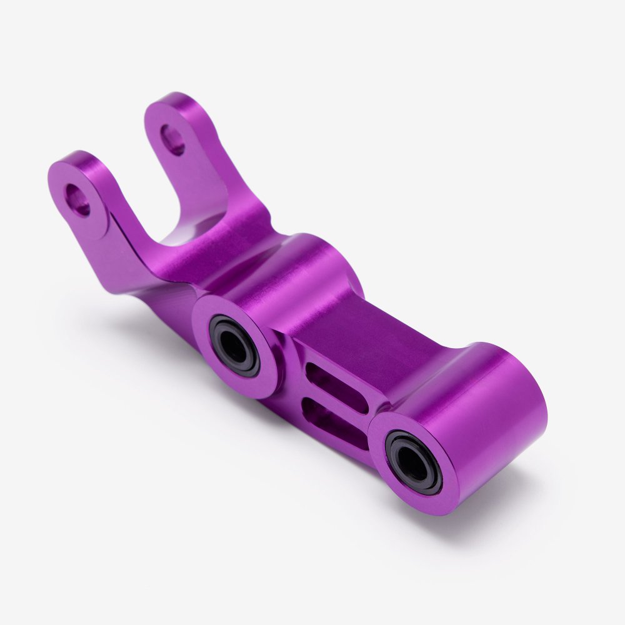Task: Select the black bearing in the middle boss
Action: coord(234,345)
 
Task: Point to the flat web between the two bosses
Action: coord(369,337)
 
